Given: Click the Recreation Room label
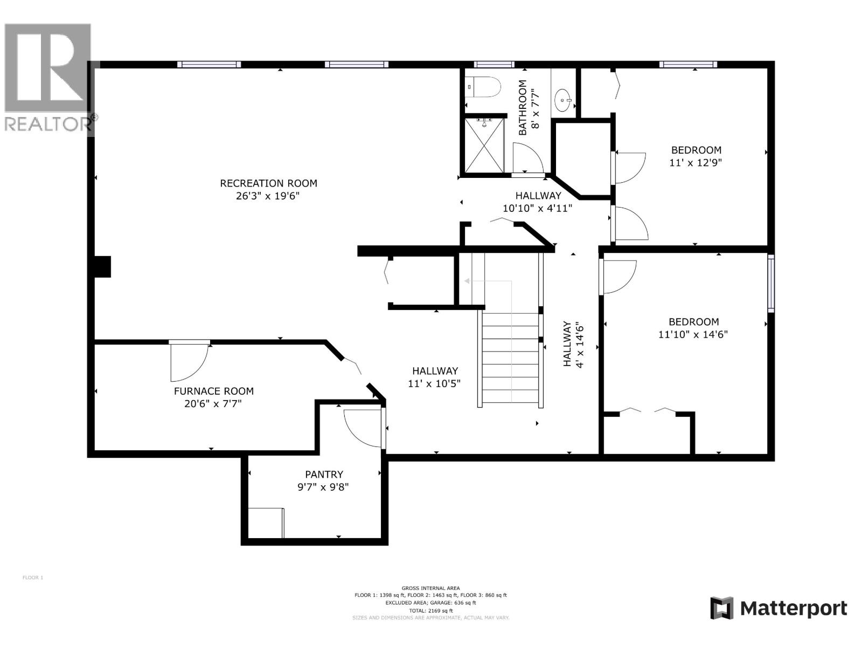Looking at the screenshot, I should tap(268, 183).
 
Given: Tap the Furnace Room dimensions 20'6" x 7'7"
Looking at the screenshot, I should tap(213, 404).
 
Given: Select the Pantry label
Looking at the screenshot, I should tap(324, 474).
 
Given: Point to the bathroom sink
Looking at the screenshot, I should tap(564, 100).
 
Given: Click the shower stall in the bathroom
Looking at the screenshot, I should tap(484, 146).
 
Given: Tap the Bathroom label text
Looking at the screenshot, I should tap(523, 108).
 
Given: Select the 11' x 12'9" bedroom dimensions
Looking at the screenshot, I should tap(696, 162).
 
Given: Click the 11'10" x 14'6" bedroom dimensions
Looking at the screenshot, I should tap(693, 334).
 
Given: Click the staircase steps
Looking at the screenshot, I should tap(510, 359).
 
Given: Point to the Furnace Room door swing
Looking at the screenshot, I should tap(189, 361).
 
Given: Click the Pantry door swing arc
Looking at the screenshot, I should tap(362, 429).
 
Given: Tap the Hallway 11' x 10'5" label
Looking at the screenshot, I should tap(435, 377).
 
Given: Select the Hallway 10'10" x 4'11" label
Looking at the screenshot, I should tap(538, 202).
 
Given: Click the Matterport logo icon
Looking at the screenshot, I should tap(721, 608).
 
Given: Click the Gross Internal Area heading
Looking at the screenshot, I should tap(430, 588).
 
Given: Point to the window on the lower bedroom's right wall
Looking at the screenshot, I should tap(771, 283).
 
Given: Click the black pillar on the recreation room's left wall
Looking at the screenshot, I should tap(103, 267).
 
